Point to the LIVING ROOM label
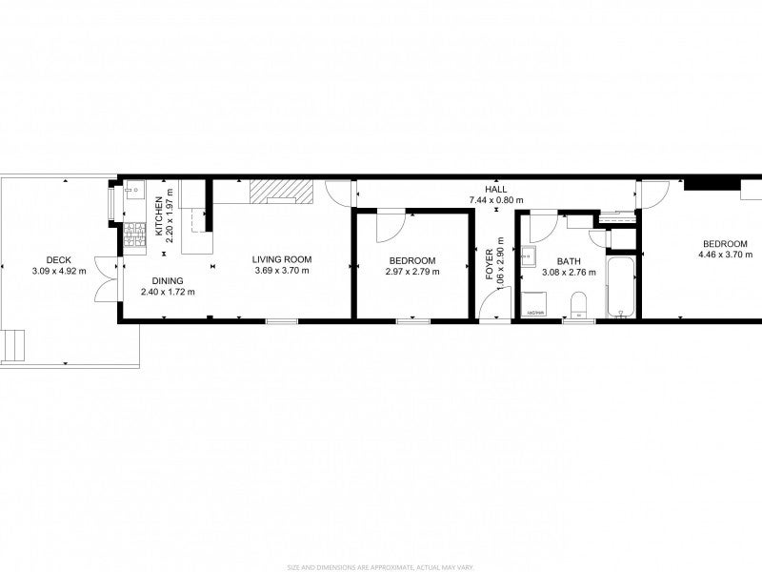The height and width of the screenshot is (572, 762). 282,259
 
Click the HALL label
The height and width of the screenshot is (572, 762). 495,189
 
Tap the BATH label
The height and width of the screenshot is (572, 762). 569,261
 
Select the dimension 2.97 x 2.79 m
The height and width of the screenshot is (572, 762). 412,272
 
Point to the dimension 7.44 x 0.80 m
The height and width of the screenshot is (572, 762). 495,200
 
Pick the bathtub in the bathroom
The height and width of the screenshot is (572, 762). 620,285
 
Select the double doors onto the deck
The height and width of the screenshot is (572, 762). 109,279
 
